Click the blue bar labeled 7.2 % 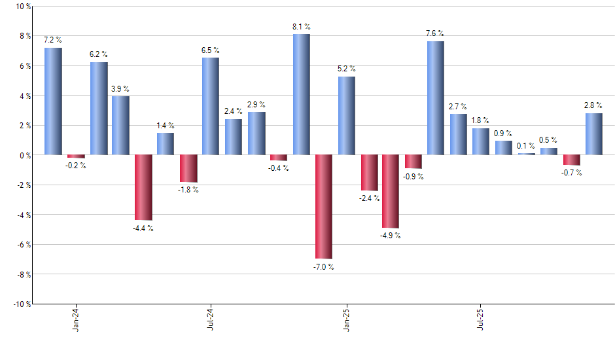pos(53,101)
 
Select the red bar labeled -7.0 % pos(324,207)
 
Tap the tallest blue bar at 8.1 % pos(302,94)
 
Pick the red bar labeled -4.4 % pos(143,187)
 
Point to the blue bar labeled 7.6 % pos(436,98)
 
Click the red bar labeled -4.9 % pos(391,191)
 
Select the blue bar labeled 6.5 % pos(211,106)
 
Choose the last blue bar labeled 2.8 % pos(594,134)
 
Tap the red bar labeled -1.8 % pos(188,168)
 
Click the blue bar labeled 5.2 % pos(347,116)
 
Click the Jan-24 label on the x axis pos(76,319)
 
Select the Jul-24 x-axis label pos(211,319)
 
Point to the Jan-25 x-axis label pos(347,319)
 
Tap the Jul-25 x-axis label pos(482,319)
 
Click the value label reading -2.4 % pos(369,198)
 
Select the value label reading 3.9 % pos(120,88)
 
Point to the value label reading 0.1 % pos(526,145)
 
